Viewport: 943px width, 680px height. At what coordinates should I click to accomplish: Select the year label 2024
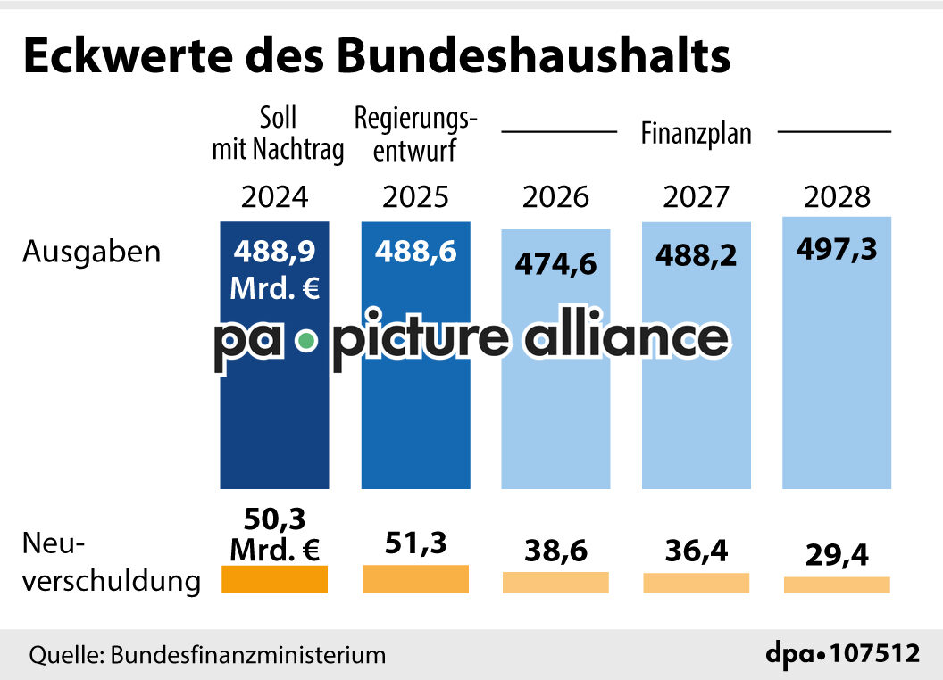tap(275, 196)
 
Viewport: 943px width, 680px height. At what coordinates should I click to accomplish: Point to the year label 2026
tap(555, 196)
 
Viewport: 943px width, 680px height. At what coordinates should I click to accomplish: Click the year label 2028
tap(837, 196)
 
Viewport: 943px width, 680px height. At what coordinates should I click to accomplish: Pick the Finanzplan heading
tap(697, 134)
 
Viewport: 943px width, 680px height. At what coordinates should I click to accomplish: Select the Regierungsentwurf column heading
tap(415, 134)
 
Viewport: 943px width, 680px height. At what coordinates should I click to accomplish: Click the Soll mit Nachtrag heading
tap(277, 134)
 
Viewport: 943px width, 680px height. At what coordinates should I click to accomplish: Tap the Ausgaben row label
tap(92, 252)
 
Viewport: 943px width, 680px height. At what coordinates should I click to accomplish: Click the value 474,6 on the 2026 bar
tap(555, 264)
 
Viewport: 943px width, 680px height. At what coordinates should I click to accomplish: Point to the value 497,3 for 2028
tap(837, 249)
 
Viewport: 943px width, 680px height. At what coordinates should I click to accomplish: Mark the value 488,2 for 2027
tap(697, 256)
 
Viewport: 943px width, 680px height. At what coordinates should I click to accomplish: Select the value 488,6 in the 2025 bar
tap(415, 252)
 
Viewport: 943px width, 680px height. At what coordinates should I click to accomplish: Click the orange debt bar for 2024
tap(275, 581)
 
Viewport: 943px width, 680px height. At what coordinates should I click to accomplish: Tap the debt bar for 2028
tap(837, 585)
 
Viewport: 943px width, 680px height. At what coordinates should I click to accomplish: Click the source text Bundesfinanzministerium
tap(248, 655)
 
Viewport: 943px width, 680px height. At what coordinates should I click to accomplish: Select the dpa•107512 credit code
tap(842, 653)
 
